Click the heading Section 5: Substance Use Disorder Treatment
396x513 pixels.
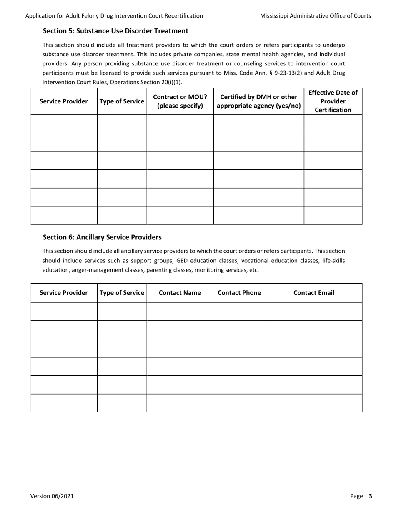(x=115, y=31)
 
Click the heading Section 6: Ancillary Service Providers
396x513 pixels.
(x=102, y=237)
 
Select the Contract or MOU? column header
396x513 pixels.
(x=180, y=101)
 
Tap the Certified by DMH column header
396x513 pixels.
(x=258, y=101)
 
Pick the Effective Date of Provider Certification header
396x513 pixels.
(x=333, y=101)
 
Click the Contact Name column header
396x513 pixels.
(x=180, y=293)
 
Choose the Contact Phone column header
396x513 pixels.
(x=239, y=293)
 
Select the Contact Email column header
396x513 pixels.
(x=313, y=293)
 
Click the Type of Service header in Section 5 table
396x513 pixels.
(x=122, y=101)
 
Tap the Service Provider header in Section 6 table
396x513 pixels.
(x=64, y=293)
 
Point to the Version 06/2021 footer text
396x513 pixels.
(x=52, y=496)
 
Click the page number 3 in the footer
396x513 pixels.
(x=370, y=496)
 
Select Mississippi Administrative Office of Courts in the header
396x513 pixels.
(x=315, y=16)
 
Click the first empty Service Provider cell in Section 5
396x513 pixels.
(x=64, y=124)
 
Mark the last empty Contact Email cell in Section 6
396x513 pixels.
(x=313, y=403)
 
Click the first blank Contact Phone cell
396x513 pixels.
(x=239, y=312)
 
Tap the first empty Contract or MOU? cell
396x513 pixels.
(x=180, y=124)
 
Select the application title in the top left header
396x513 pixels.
(x=114, y=16)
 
